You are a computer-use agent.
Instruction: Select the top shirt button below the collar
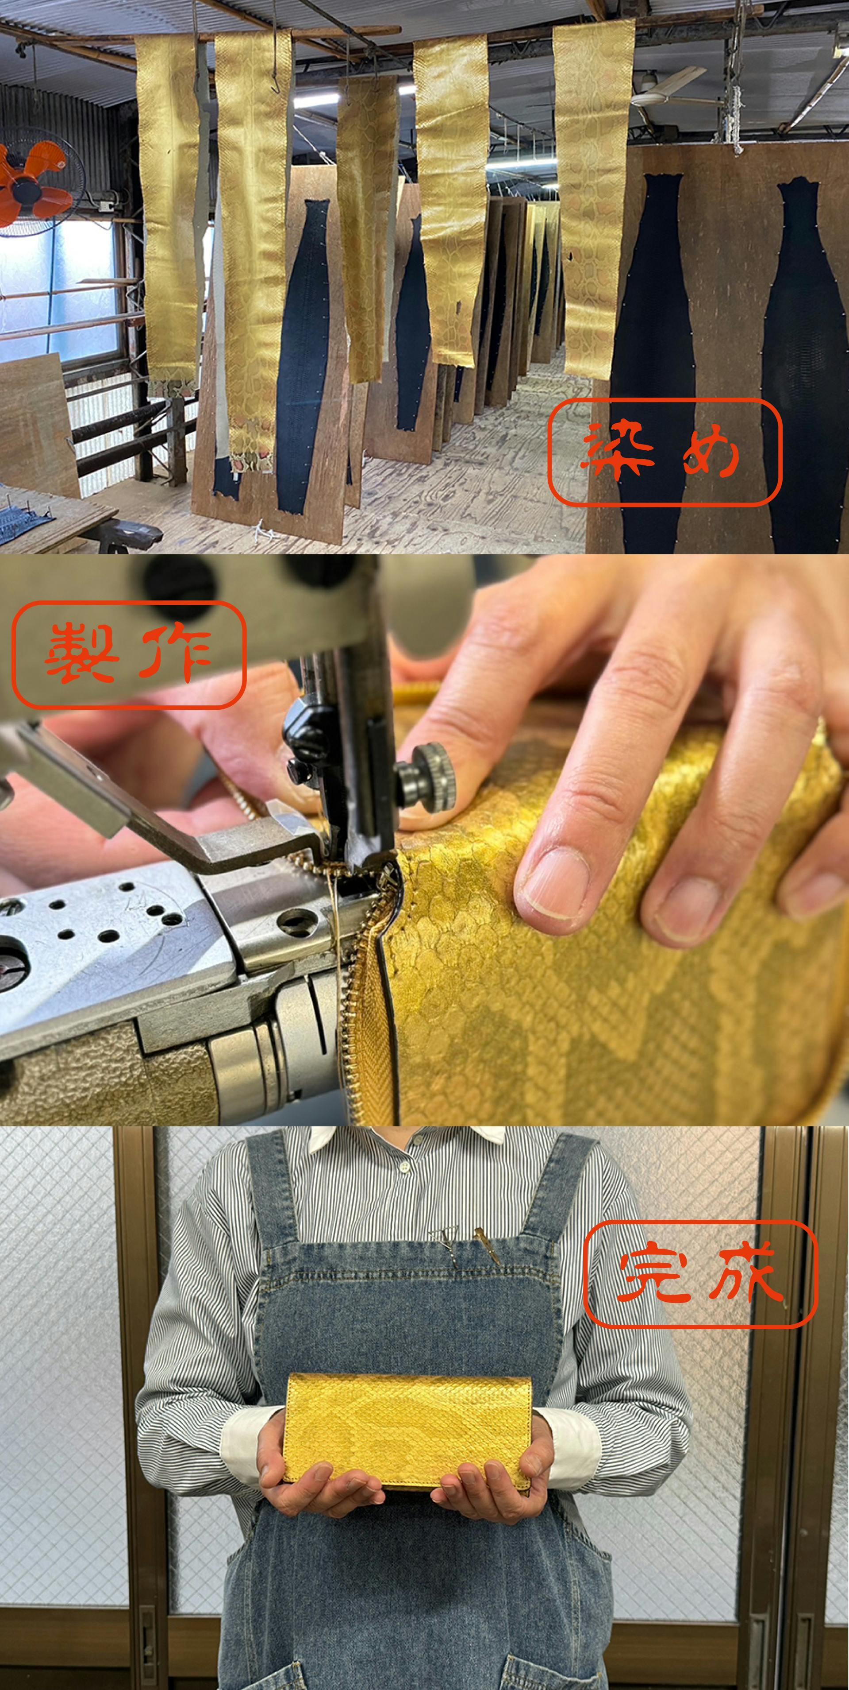pos(404,1164)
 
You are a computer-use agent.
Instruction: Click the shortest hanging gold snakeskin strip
pos(369,226)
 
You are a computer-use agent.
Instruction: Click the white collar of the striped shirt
pos(407,1137)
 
